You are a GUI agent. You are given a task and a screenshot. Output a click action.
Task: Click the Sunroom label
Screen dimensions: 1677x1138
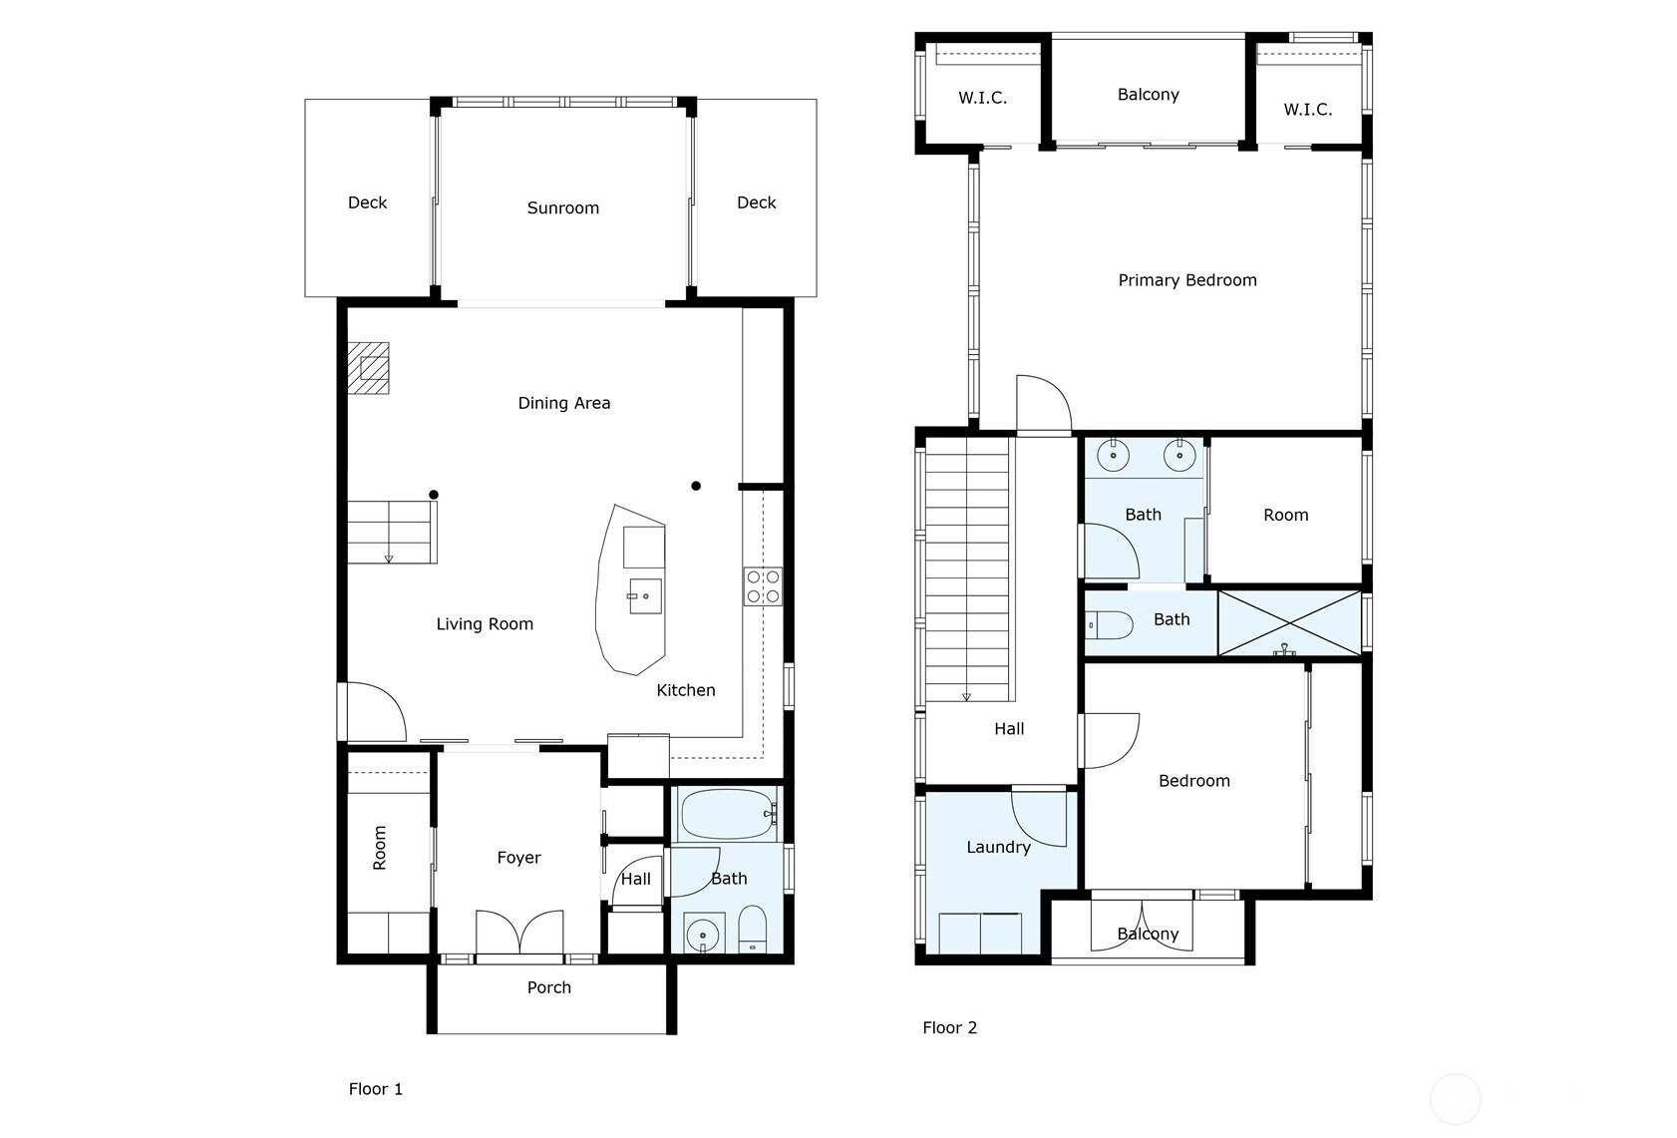563,208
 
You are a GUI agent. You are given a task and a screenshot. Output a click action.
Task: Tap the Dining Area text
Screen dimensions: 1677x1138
563,404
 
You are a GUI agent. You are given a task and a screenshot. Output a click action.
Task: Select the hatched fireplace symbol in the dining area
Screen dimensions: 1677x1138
368,368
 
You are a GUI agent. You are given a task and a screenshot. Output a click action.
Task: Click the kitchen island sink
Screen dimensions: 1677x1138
645,596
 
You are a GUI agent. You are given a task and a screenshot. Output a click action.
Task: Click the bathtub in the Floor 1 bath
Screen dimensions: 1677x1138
728,814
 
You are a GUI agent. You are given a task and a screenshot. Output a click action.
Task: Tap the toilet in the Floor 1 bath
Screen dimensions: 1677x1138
753,930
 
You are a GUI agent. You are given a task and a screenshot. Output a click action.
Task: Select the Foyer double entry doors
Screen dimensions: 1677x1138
519,933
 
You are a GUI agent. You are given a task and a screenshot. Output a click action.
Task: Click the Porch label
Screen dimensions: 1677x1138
548,987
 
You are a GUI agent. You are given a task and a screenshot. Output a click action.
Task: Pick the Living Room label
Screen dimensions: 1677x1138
486,624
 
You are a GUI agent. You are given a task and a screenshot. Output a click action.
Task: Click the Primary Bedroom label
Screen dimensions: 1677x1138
1187,280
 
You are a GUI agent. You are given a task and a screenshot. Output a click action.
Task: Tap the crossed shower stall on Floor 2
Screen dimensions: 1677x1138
1289,623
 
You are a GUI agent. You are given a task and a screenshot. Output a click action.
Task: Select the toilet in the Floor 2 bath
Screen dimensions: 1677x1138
1109,625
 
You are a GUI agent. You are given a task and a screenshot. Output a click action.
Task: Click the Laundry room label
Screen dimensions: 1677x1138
999,848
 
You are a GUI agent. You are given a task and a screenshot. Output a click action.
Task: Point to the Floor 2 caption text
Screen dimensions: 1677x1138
949,1028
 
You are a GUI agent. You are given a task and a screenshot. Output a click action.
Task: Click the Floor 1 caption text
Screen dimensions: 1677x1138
375,1089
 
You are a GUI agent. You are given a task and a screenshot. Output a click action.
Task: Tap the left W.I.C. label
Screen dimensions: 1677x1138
982,98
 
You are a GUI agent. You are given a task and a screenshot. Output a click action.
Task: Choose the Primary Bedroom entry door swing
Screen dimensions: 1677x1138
1044,404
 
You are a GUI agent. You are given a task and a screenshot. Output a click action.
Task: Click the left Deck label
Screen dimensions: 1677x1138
368,202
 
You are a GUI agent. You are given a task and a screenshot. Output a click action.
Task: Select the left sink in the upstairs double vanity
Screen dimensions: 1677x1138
1114,455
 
